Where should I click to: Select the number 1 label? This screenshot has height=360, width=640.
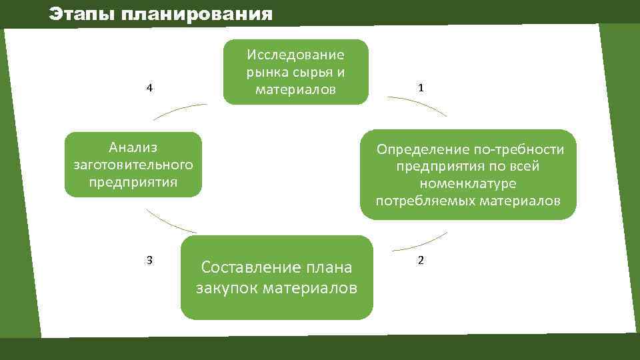click(x=420, y=88)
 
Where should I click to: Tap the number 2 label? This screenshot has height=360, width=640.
click(x=420, y=260)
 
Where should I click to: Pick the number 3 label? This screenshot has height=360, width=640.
click(x=150, y=260)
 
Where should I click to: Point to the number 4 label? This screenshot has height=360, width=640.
click(x=150, y=88)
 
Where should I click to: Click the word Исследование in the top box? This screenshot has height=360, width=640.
click(x=295, y=54)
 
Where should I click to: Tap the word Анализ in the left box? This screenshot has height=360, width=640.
click(x=133, y=146)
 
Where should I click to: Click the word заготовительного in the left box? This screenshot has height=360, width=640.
click(x=133, y=164)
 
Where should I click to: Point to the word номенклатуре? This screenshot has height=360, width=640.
click(x=468, y=183)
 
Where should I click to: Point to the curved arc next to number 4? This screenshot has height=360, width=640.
click(x=179, y=110)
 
